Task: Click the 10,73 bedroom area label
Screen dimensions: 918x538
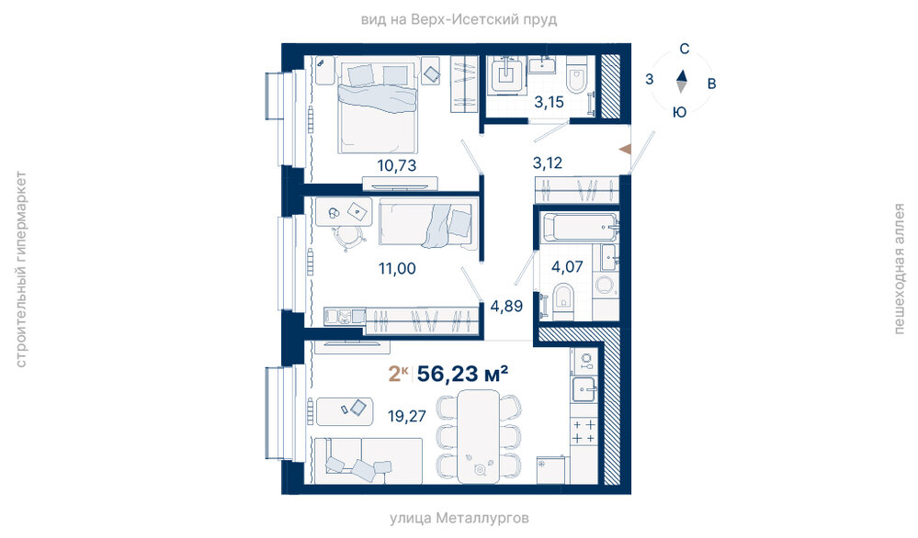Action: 397,165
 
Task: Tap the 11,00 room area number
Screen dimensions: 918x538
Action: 397,269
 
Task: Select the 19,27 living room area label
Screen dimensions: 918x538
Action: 407,417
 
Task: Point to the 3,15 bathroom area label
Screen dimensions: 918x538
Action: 549,102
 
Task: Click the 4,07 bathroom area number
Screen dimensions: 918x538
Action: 567,267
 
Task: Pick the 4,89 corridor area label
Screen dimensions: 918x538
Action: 506,306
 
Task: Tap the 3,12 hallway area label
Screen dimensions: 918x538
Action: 548,163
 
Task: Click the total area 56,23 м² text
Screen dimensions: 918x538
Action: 462,373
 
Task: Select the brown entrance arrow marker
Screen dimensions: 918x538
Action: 625,149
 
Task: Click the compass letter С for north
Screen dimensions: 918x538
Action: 684,50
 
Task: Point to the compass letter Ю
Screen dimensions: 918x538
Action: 679,112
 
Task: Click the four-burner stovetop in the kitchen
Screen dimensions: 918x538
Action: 584,432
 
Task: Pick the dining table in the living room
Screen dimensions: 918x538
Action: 479,436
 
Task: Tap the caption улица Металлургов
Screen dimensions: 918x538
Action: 459,518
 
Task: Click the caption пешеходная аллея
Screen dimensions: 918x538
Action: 900,269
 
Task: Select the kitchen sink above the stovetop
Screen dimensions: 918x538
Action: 584,388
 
